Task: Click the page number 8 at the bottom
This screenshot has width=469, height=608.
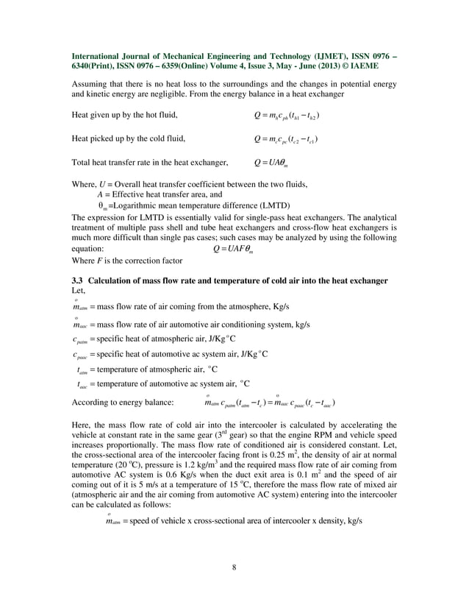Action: click(234, 567)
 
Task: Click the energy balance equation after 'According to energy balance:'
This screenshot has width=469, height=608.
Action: click(269, 403)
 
